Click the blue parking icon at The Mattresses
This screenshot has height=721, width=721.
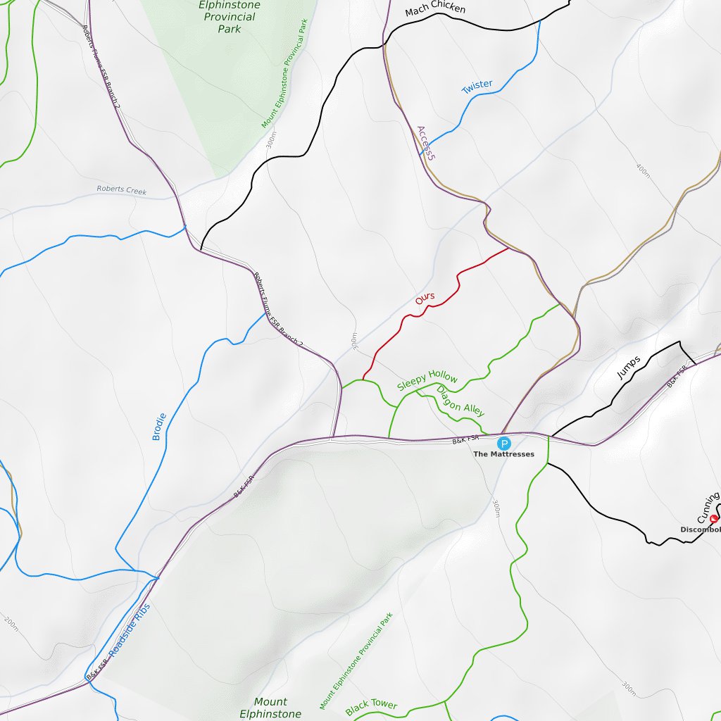(x=504, y=443)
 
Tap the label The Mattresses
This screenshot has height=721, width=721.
(x=503, y=454)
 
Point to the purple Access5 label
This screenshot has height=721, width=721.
(x=425, y=143)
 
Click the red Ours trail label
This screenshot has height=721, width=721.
(x=425, y=299)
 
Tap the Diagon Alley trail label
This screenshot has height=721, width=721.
(x=460, y=401)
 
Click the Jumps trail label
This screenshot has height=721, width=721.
(x=628, y=368)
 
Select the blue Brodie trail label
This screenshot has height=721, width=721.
(x=159, y=427)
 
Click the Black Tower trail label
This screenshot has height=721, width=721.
(x=371, y=706)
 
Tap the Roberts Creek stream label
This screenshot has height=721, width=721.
(x=122, y=190)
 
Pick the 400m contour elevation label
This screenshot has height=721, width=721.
(x=644, y=170)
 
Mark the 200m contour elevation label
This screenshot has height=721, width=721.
(x=11, y=623)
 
